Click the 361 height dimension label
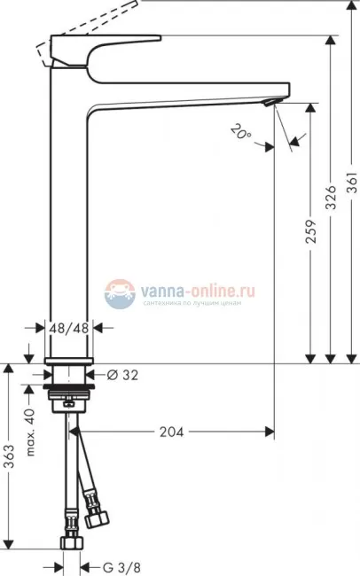point(351,188)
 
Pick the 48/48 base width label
point(69,327)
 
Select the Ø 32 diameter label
point(122,374)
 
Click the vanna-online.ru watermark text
point(195,288)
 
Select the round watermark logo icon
point(118,293)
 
